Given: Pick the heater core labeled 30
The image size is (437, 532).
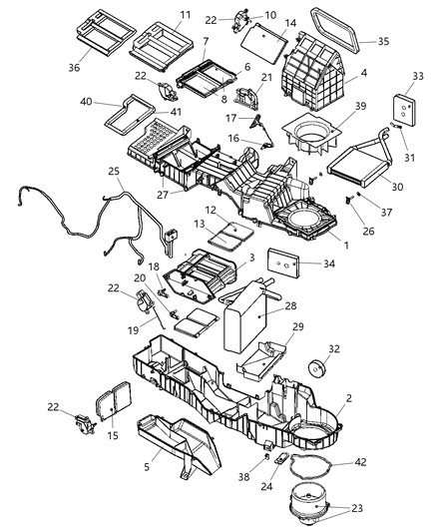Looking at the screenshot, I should tap(348, 157).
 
